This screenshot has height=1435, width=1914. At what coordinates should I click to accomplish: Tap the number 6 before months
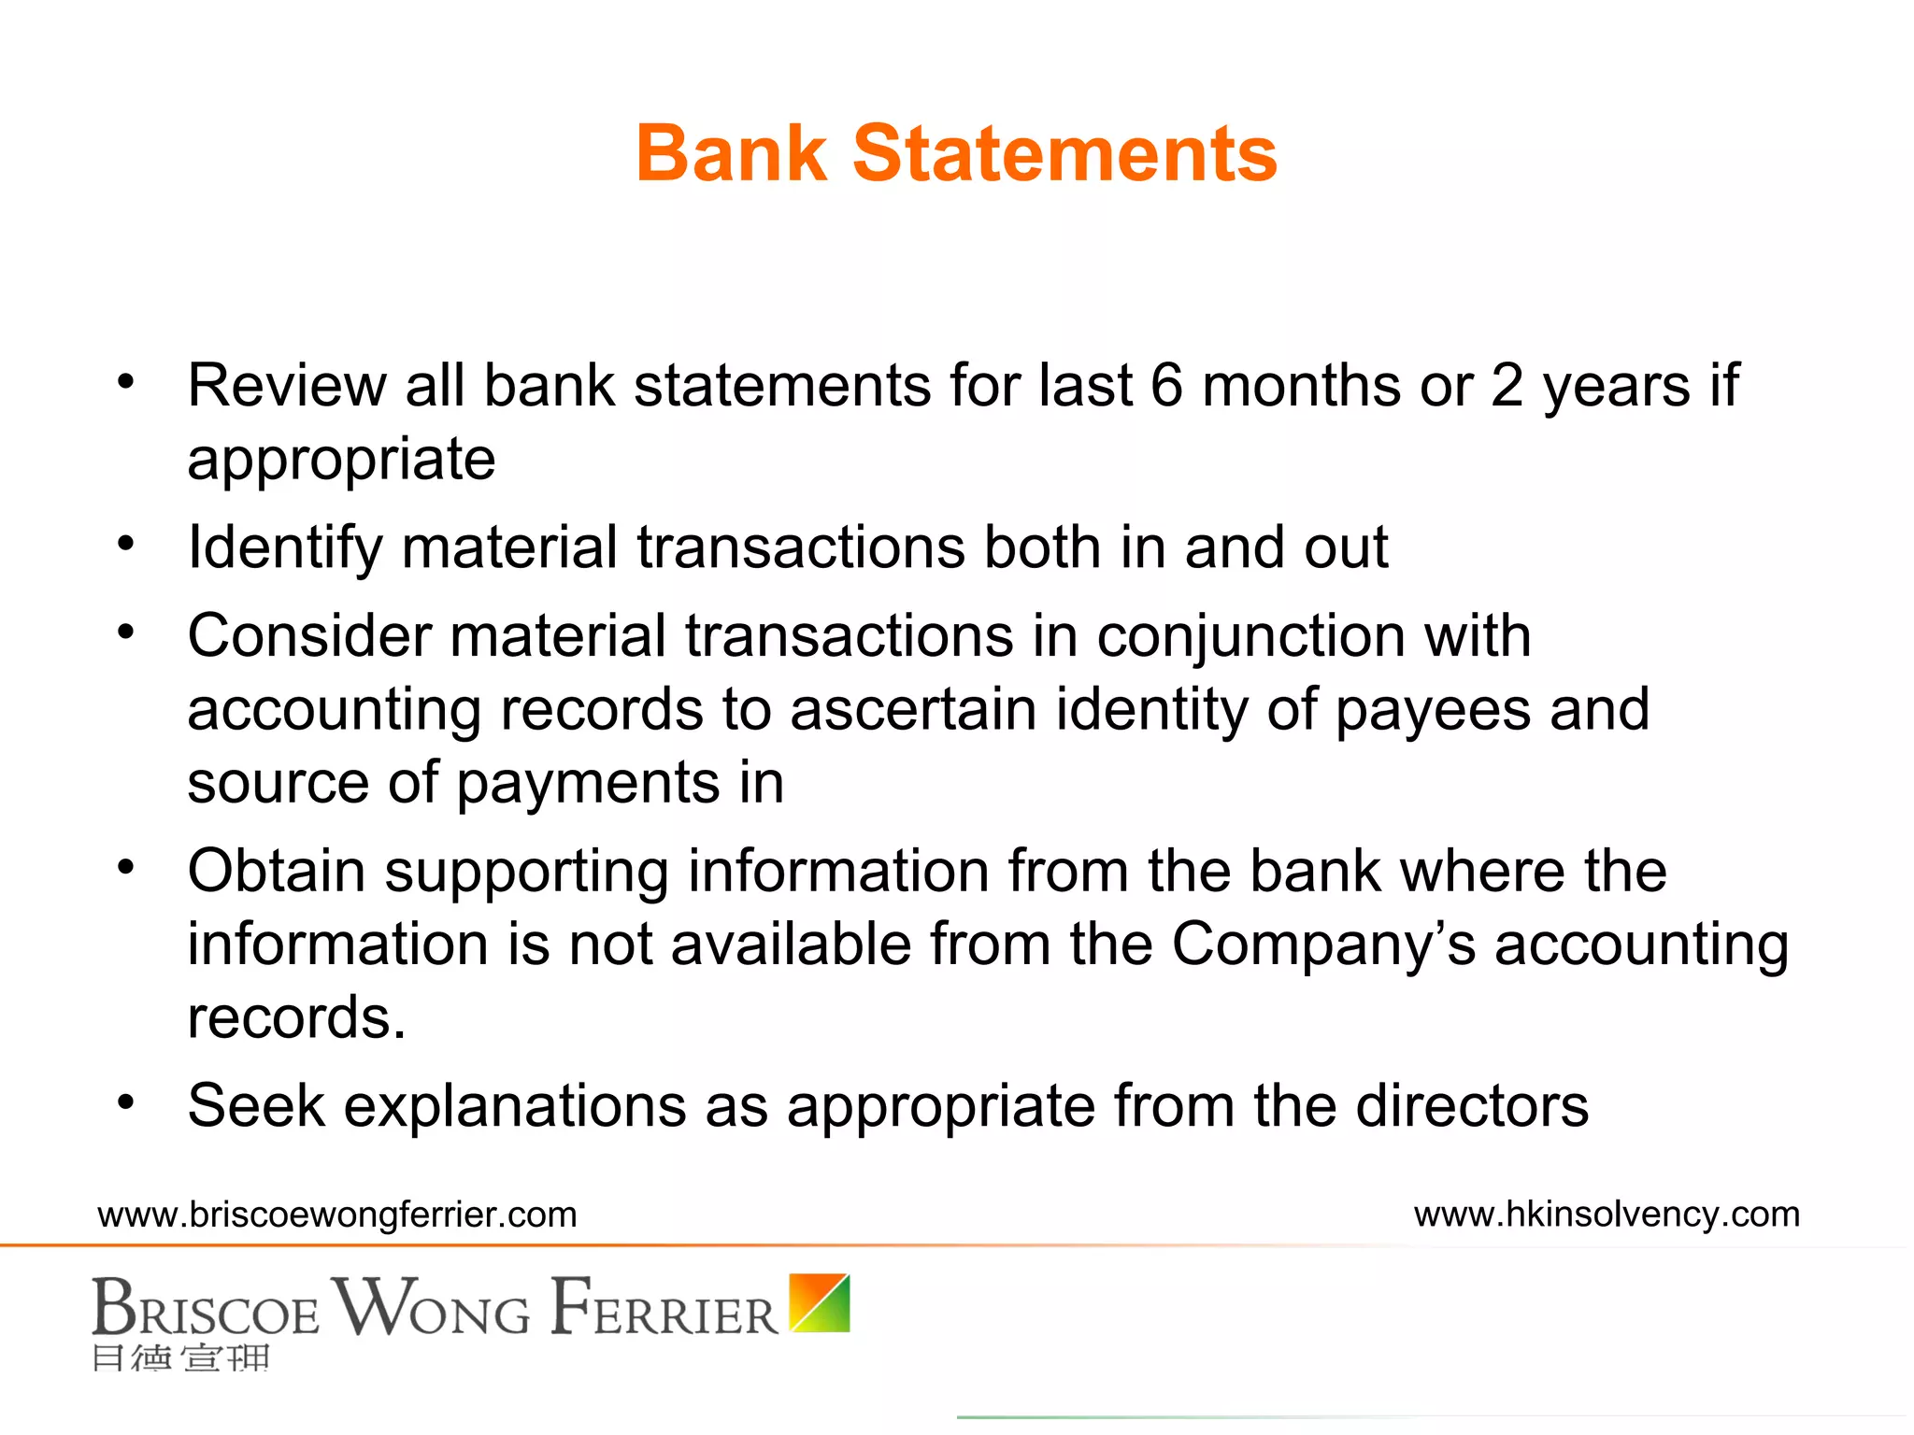point(1166,385)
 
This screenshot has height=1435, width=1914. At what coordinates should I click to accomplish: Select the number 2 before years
point(1507,385)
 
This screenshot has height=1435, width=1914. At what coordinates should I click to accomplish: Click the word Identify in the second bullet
point(284,548)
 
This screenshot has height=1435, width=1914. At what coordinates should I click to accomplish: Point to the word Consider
point(308,636)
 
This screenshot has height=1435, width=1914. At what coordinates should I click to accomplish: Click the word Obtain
point(276,871)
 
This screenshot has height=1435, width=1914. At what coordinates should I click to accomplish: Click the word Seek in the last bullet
point(256,1106)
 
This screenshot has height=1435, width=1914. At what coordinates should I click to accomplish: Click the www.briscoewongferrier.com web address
point(337,1215)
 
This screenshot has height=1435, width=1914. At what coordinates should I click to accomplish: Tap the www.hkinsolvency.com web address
point(1607,1215)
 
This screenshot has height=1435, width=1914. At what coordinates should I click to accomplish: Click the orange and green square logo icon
point(820,1302)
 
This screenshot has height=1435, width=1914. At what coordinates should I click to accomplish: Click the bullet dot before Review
point(126,381)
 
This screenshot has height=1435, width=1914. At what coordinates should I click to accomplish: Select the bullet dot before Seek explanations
point(126,1101)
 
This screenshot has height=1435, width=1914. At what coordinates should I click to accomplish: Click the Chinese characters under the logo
point(181,1357)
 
